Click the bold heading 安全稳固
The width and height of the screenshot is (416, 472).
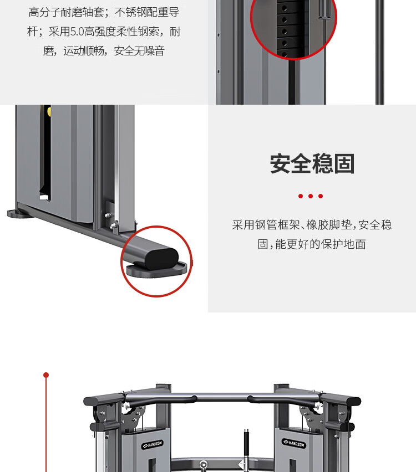[312, 163]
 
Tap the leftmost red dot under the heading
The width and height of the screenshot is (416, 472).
[301, 196]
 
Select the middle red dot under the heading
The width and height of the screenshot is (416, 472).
[311, 196]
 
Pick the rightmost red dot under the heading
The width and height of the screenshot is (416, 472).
[321, 196]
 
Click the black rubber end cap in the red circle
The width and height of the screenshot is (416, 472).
[162, 259]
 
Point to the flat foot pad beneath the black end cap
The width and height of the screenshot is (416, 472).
[157, 270]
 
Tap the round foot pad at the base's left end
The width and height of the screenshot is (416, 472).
[18, 213]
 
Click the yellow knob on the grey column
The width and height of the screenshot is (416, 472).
[49, 111]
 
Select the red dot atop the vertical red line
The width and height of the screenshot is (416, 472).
[46, 374]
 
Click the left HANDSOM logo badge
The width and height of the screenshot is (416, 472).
[153, 444]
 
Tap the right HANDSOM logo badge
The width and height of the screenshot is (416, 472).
[294, 443]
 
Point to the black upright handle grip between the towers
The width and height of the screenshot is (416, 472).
[246, 444]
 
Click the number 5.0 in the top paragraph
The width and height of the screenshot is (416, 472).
[77, 32]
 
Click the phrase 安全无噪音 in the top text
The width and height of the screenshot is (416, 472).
[139, 50]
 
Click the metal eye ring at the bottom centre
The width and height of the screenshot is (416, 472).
[204, 465]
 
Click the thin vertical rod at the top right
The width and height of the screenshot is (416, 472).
[379, 52]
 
